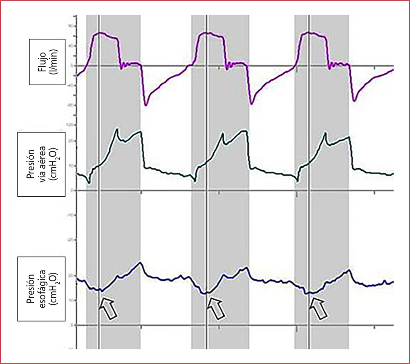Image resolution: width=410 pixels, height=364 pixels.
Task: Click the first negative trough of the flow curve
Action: (146, 105)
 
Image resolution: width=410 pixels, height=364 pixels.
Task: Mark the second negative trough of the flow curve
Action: (252, 103)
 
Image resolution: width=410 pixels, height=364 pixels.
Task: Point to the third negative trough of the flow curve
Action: (354, 101)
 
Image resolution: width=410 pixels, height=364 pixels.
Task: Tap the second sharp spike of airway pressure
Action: (223, 133)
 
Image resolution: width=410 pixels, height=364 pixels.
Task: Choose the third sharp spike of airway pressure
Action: (325, 133)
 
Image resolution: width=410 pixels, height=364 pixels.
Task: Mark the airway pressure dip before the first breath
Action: (89, 183)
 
